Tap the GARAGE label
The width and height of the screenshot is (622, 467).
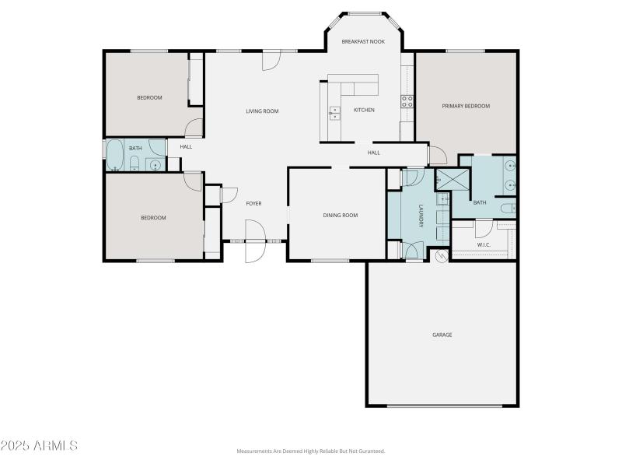click(x=442, y=335)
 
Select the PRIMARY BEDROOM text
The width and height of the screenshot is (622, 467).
click(x=466, y=106)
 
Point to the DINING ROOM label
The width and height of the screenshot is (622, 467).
click(x=340, y=215)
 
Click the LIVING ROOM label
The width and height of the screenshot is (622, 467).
click(x=262, y=111)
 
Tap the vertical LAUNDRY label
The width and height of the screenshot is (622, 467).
click(x=421, y=216)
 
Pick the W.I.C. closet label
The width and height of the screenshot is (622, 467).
click(x=484, y=246)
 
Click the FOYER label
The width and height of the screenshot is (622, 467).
click(x=253, y=203)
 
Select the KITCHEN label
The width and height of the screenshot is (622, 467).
click(x=364, y=111)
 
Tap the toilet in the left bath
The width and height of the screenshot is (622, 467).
click(x=135, y=163)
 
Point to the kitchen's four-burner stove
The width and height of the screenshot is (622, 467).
click(x=406, y=100)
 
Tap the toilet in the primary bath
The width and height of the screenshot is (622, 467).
click(x=506, y=208)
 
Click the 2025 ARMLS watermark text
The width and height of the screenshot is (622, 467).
click(x=39, y=446)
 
